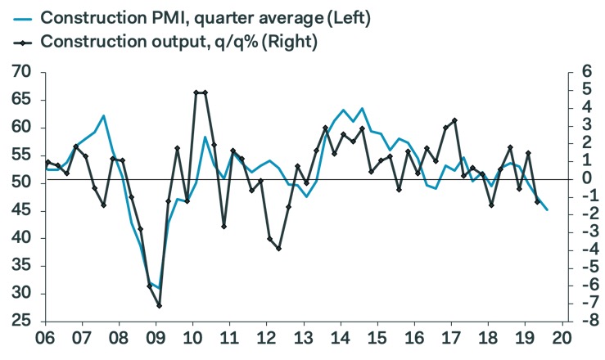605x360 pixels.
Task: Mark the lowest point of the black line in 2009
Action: coord(159,306)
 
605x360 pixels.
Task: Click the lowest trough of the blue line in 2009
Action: coord(159,289)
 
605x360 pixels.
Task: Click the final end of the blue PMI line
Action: coord(548,210)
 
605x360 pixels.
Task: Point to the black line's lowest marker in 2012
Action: coord(279,248)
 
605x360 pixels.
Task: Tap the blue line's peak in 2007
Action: coord(103,116)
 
